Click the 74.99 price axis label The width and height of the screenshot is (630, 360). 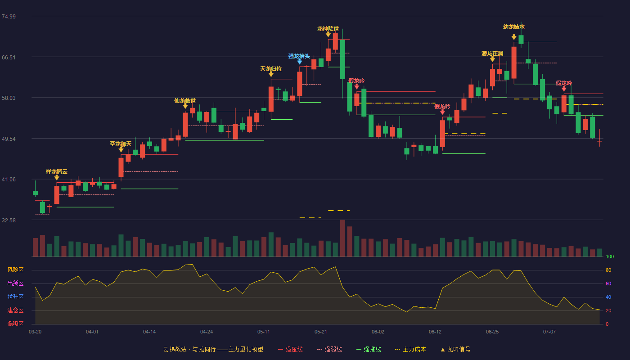coord(9,17)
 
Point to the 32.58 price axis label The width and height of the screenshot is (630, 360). coord(9,220)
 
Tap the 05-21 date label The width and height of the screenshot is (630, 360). coord(320,332)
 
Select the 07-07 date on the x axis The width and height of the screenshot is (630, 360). coord(549,332)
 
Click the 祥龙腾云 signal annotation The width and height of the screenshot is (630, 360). coord(57,171)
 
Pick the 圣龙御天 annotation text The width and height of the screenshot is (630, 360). coord(121,144)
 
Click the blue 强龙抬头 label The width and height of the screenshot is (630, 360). coord(299,56)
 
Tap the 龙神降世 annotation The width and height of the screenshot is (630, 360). coord(328,29)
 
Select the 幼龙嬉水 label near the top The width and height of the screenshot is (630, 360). coord(514,27)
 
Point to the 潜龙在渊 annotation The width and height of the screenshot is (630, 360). coord(492,54)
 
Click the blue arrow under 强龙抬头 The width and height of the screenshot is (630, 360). coord(300,62)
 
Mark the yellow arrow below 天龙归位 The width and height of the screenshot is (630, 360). coord(271,74)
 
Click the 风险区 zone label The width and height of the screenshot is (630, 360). coord(15,270)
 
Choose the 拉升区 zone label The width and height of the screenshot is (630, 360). coord(15,297)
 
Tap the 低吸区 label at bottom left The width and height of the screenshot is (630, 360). coord(15,324)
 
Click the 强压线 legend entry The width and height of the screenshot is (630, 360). coord(290,349)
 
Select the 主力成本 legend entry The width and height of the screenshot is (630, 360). coord(410,349)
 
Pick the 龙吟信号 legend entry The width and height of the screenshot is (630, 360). coord(455,349)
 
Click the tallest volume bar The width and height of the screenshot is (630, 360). coord(342,238)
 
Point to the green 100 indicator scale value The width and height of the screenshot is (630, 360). coord(610,256)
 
